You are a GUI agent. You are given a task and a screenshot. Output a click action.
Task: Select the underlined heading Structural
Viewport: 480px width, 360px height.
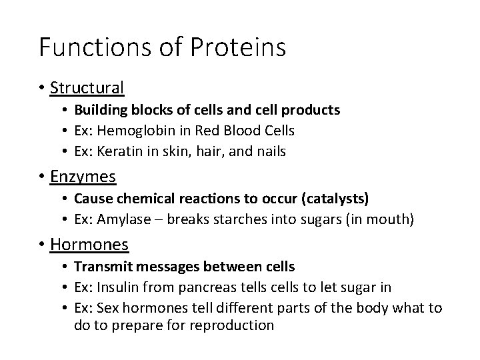tap(87, 87)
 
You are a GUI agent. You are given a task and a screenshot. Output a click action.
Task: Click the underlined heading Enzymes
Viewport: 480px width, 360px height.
tap(83, 177)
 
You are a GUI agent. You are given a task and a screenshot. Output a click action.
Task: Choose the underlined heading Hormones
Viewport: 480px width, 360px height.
tap(89, 245)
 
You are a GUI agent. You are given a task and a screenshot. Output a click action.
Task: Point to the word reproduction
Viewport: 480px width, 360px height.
tap(231, 325)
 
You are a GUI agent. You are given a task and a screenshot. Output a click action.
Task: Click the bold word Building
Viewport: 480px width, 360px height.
tap(98, 109)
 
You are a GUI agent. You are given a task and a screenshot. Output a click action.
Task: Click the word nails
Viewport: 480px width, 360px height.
tap(270, 151)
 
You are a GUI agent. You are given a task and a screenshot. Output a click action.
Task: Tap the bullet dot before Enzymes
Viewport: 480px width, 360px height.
tap(42, 177)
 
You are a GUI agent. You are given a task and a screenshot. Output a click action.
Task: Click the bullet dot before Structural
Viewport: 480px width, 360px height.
tap(42, 87)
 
